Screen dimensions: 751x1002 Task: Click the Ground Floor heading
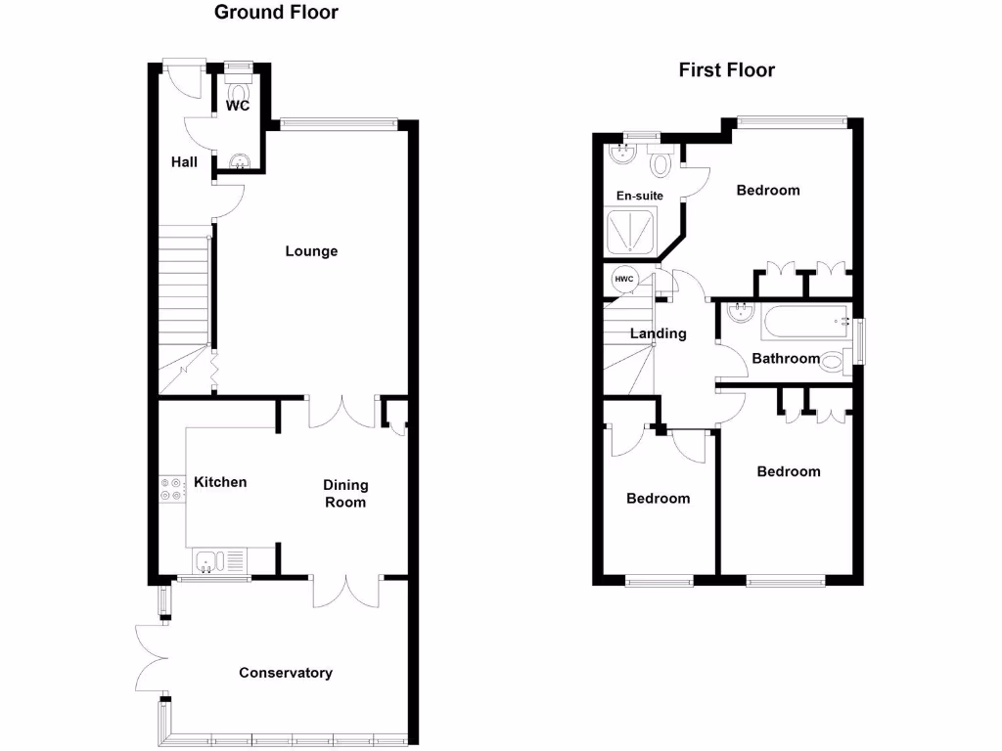pos(276,13)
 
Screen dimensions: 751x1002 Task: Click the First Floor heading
pos(726,69)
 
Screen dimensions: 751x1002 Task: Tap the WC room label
pos(238,106)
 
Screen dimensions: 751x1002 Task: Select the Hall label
pos(184,161)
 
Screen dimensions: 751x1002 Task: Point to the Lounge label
pos(311,251)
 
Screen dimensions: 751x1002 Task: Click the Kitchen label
pos(220,482)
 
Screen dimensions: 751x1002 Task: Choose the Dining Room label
pos(345,493)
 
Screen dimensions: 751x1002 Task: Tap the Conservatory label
pos(286,673)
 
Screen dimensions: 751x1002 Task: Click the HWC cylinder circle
pos(624,280)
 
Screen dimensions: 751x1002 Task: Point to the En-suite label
pos(639,196)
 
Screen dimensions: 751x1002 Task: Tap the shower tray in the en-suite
pos(633,233)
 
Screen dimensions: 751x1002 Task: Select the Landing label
pos(658,333)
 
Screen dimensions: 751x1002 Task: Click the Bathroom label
pos(785,359)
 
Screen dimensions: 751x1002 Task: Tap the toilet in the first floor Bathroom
pos(833,361)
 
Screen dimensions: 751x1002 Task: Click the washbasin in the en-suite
pos(622,154)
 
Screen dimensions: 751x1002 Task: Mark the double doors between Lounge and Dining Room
pos(342,411)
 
